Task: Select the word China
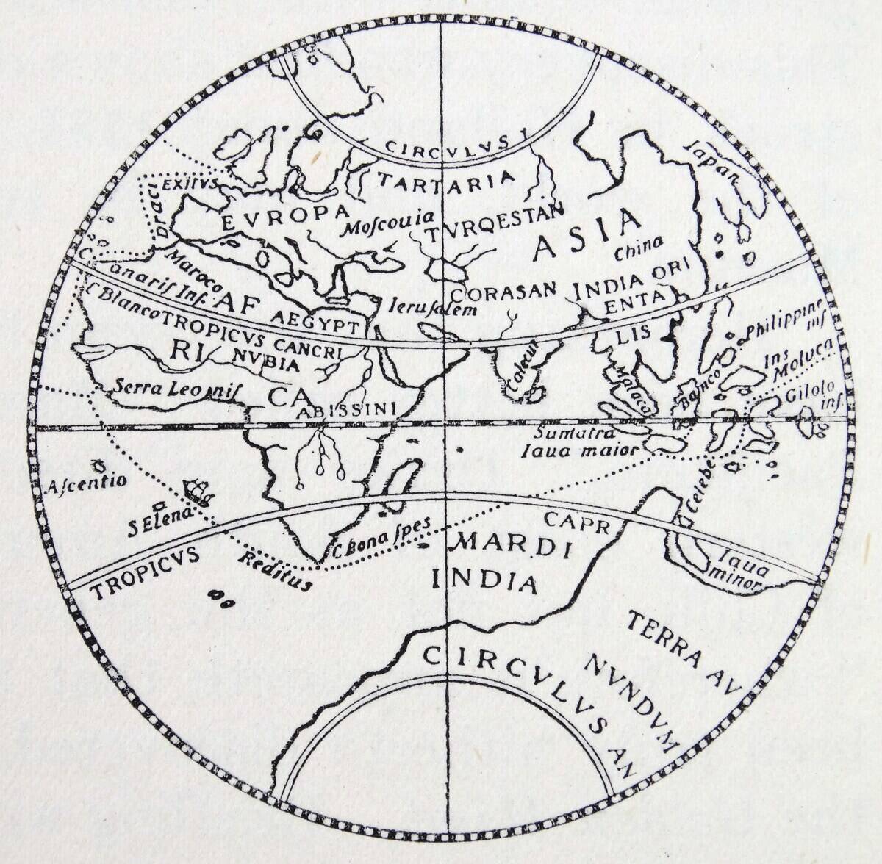click(639, 247)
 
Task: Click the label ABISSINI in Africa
click(346, 408)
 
